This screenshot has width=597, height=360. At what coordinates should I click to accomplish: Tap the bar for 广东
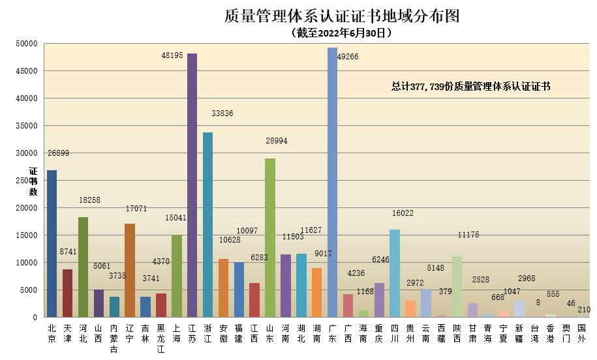pos(332,183)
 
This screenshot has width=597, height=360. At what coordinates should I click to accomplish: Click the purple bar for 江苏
pos(192,186)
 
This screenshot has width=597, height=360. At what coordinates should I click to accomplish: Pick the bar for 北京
pos(52,244)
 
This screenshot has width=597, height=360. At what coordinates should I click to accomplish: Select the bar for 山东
pos(269,238)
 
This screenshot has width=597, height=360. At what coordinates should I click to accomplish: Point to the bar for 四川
pos(394,273)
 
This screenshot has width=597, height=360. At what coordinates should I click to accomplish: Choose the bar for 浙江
pos(207,225)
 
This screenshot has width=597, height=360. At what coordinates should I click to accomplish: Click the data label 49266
pos(348,57)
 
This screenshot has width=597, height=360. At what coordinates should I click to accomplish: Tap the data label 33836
pos(222,113)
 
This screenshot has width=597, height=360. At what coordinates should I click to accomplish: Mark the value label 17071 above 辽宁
pos(136,209)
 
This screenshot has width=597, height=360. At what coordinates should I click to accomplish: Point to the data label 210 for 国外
pos(584,309)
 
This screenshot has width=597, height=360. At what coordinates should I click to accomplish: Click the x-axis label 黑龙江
pos(161,338)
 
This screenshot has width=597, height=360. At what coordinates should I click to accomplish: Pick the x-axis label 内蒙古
pos(114,338)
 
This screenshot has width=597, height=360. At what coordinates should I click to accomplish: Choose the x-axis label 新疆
pos(519,334)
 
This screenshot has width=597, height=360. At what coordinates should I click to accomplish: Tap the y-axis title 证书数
pos(33,181)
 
